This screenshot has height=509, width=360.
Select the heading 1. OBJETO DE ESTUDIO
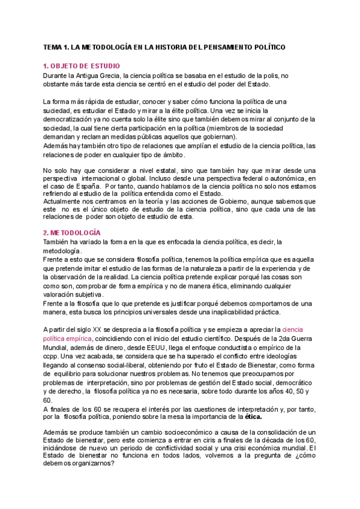82,65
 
